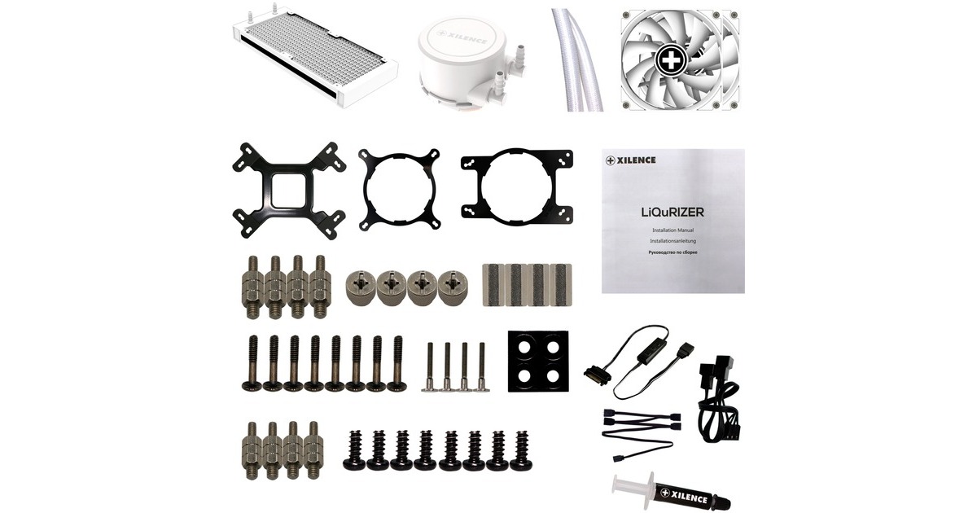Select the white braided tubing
pos(576,59)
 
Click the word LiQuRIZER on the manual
pos(673,213)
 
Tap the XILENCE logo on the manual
pos(631,160)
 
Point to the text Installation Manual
pos(673,230)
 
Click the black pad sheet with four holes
pos(538,362)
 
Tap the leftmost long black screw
pos(252,363)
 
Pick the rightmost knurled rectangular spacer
pos(560,284)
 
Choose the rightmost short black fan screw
pos(521,451)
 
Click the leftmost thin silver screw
pos(430,367)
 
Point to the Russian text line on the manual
pos(673,252)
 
